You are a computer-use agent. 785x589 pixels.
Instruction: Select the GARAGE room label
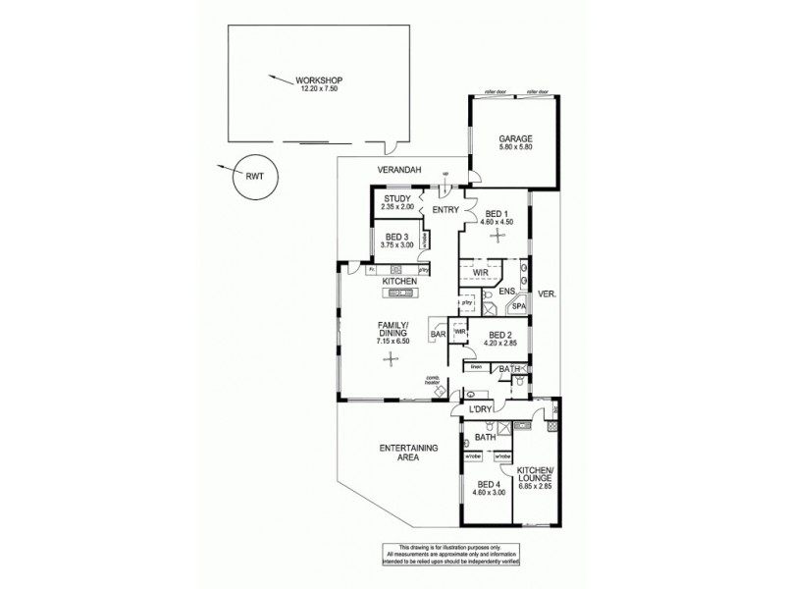[x=514, y=139]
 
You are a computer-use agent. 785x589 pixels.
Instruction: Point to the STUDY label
[x=397, y=199]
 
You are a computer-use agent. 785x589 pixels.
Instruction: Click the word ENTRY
[x=445, y=209]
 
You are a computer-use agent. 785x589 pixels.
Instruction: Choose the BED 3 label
[x=396, y=238]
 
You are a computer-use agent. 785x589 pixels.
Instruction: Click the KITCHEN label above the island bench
[x=400, y=282]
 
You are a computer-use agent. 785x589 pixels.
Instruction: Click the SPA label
[x=519, y=307]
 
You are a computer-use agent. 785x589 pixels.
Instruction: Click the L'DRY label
[x=480, y=408]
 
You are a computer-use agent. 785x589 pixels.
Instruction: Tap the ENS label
[x=507, y=292]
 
